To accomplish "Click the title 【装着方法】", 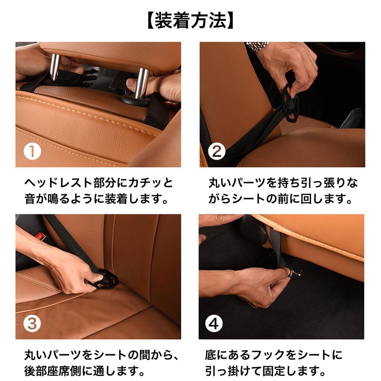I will [190, 21].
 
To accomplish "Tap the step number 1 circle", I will [32, 152].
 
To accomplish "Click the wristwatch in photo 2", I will [257, 46].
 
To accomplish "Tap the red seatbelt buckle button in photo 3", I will [40, 236].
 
